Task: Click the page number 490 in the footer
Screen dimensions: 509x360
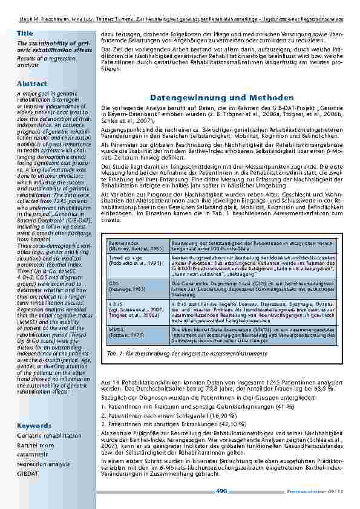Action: pos(221,491)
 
